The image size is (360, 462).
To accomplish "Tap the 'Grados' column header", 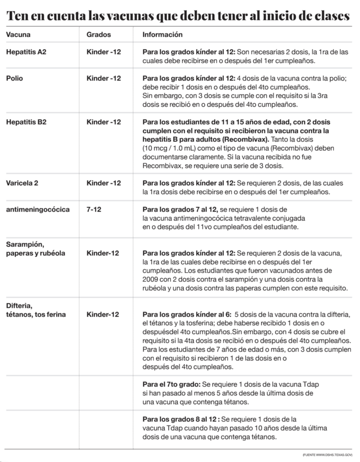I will [x=98, y=35].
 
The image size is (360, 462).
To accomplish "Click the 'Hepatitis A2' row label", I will [x=26, y=52].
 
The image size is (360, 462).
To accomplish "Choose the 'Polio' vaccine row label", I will [x=14, y=79].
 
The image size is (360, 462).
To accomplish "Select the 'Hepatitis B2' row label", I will [x=26, y=122].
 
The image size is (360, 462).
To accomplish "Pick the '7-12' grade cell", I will [x=94, y=210].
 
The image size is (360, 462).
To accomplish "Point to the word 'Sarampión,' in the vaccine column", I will [x=25, y=245].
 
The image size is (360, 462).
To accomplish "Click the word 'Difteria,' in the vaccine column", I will [x=20, y=305].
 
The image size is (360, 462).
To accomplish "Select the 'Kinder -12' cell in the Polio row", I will [x=104, y=79].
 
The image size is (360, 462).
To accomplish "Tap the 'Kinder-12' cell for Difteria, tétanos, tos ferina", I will [x=103, y=314].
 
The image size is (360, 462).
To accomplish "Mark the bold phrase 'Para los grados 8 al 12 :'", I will [x=180, y=419].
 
